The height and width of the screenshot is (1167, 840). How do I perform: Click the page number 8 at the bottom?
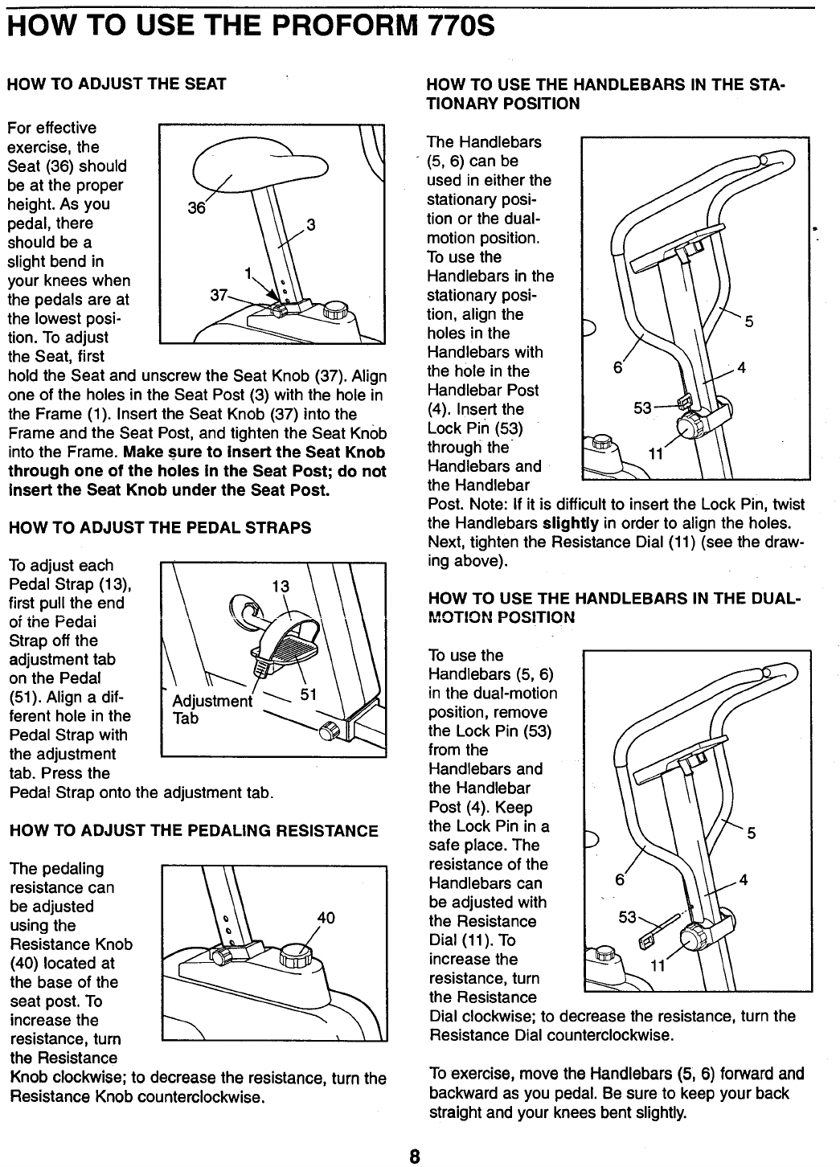point(414,1157)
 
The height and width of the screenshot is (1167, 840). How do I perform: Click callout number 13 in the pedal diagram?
point(281,587)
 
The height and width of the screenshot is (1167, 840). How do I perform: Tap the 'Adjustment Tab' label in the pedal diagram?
point(211,709)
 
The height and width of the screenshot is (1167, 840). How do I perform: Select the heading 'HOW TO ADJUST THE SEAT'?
point(117,84)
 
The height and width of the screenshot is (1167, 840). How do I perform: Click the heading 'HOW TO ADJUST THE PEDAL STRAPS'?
point(159,528)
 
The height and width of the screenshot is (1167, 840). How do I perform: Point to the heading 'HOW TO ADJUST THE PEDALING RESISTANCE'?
point(193,830)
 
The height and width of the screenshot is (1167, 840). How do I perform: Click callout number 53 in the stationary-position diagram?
point(643,408)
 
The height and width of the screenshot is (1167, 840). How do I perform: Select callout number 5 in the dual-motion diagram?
point(752,833)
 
